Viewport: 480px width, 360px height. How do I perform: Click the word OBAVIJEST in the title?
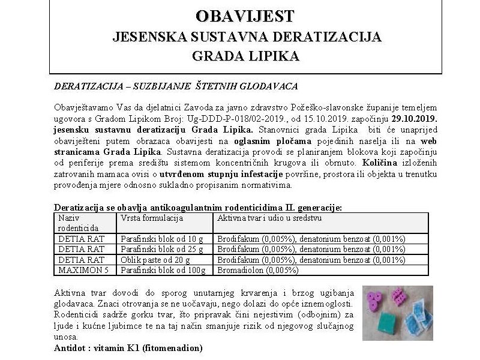coord(245,15)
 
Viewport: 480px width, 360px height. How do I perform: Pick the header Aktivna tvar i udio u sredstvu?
coord(269,218)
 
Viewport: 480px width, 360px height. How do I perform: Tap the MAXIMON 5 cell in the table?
coord(81,270)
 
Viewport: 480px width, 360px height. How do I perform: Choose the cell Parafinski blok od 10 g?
coord(162,238)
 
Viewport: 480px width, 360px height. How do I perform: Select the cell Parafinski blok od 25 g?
coord(162,249)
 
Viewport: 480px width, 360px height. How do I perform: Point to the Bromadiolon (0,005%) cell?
coord(257,270)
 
